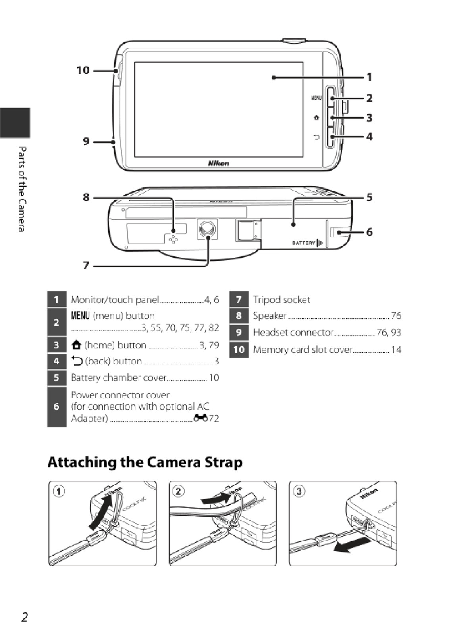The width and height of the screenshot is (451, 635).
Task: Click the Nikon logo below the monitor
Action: [218, 163]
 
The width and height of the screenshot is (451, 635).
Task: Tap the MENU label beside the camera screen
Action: [316, 98]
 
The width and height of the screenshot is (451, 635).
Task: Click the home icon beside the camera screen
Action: [316, 118]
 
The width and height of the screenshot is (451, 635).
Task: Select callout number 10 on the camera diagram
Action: [83, 71]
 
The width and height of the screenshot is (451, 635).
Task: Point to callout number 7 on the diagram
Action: [86, 265]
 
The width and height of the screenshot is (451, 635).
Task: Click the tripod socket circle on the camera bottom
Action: [207, 229]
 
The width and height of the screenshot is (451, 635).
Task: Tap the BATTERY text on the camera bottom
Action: [304, 243]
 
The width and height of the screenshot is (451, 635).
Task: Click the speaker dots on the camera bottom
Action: [173, 239]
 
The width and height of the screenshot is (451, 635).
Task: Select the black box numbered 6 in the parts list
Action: [56, 407]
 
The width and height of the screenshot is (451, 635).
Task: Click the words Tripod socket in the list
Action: [281, 300]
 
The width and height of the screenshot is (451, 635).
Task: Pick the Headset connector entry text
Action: [293, 332]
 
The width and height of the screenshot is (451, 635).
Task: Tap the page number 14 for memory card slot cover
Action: [396, 350]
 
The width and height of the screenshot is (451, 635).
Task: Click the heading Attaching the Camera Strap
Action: [145, 462]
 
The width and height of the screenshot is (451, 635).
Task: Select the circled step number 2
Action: [179, 491]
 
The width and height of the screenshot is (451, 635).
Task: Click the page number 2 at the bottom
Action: [25, 617]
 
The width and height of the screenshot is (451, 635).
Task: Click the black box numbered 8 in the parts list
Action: [239, 316]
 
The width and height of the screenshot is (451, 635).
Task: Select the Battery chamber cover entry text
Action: [118, 378]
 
